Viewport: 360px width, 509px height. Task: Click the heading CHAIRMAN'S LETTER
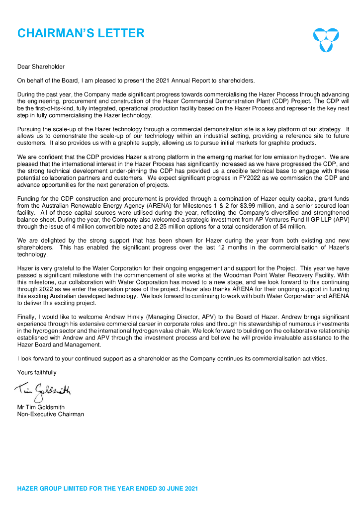81,33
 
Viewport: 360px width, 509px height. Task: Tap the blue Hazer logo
326,39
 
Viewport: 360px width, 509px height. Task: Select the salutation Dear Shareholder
41,67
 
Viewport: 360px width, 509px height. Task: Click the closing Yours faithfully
37,372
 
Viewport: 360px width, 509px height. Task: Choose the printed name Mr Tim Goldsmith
41,408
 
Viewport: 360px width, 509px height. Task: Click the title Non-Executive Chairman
51,414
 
